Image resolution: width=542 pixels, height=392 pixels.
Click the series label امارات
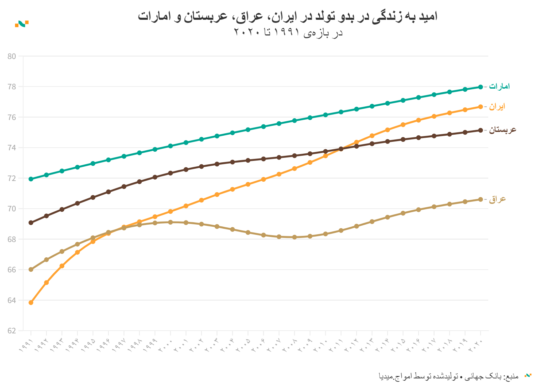499,86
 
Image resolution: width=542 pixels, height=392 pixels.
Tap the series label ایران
497,107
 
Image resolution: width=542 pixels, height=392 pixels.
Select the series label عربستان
503,130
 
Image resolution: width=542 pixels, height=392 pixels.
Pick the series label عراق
497,199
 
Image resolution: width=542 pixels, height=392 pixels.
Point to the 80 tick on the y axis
12,56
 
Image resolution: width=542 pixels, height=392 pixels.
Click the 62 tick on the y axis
12,331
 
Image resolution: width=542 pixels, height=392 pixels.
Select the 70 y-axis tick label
12,209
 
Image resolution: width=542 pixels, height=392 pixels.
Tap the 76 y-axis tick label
12,117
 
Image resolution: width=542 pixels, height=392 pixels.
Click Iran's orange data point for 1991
31,303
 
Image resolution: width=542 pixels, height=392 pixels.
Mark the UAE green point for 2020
480,87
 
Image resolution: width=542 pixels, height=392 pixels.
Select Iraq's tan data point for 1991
31,270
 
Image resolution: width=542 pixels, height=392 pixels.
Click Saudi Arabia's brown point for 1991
31,223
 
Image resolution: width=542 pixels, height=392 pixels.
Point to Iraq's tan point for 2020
480,199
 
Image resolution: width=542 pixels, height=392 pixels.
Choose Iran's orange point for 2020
480,107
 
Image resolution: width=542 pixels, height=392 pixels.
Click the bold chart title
288,16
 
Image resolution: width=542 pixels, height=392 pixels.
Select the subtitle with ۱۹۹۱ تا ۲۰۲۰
288,33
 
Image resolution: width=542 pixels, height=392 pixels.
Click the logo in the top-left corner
22,24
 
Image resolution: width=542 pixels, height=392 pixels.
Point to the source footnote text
448,376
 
